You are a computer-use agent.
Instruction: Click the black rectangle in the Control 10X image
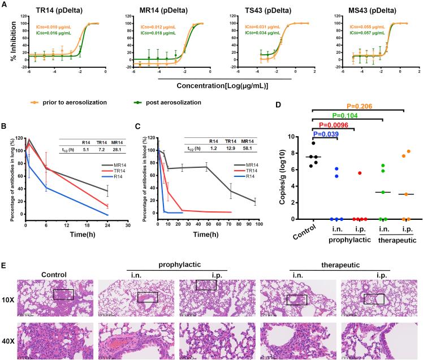tap(63, 294)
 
